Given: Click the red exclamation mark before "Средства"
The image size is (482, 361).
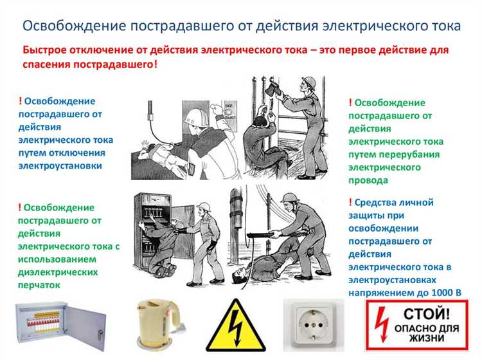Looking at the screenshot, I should pyautogui.click(x=351, y=203).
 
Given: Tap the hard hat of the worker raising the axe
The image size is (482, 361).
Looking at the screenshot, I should pyautogui.click(x=309, y=82).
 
